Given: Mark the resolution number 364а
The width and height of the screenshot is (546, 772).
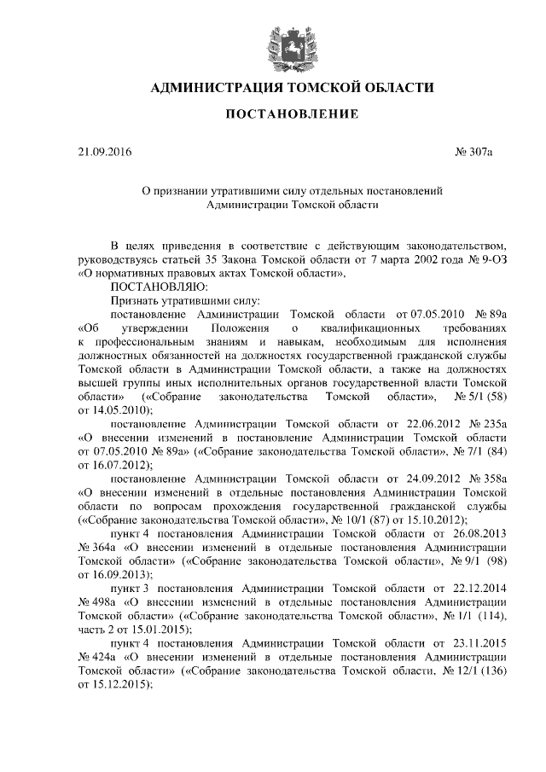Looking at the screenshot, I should pos(106,546).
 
